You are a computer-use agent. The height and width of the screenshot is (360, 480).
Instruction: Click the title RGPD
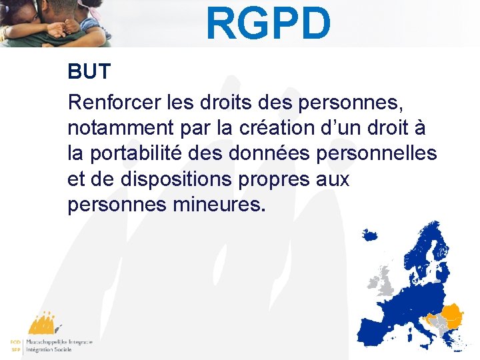tap(268, 23)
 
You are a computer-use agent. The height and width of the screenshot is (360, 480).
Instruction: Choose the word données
tap(271, 153)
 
